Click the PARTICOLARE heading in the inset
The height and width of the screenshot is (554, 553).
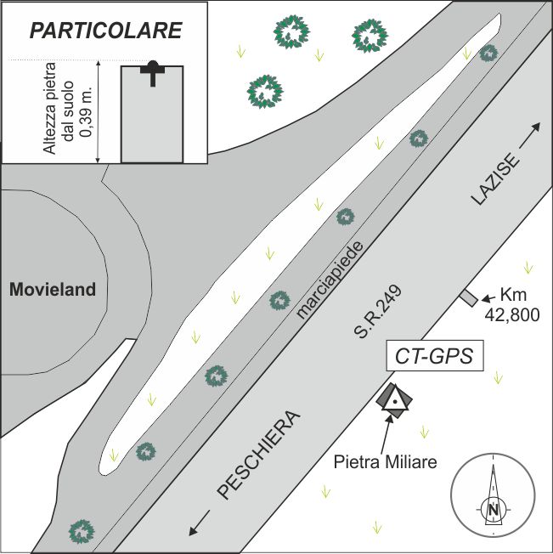(106, 31)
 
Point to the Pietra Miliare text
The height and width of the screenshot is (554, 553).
(386, 463)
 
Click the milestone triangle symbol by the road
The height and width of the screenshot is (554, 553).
(393, 400)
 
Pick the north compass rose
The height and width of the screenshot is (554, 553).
(493, 496)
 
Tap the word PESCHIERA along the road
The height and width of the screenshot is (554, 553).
(258, 456)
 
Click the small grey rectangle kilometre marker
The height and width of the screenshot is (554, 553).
(468, 297)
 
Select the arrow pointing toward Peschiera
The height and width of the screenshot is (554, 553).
(199, 523)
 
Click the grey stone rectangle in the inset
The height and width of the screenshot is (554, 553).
(152, 119)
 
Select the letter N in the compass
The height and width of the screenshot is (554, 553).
(493, 510)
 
